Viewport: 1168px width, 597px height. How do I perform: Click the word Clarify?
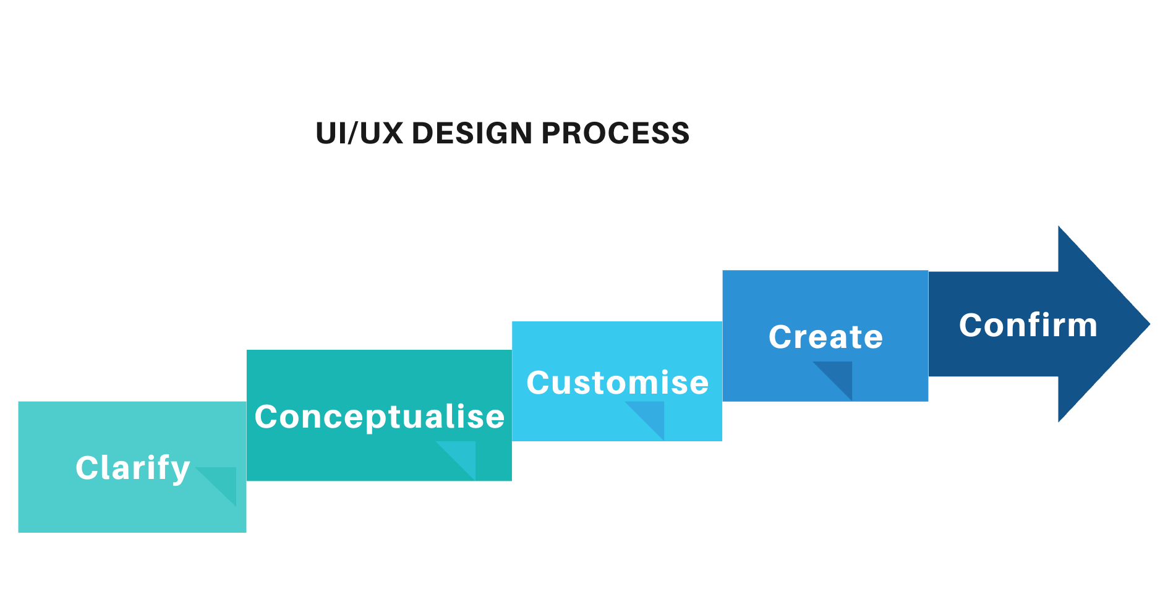click(132, 468)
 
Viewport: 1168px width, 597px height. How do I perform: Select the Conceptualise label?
click(380, 417)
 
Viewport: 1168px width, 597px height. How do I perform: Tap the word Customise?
click(617, 383)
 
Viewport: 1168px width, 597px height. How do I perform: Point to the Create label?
click(825, 337)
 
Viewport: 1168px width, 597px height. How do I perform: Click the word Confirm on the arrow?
click(1028, 325)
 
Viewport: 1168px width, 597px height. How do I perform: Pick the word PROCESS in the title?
click(615, 133)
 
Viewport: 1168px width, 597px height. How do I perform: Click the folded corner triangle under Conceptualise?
click(463, 455)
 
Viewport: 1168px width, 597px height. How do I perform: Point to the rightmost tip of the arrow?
click(1149, 324)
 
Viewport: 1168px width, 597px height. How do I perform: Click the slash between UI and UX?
click(354, 133)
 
